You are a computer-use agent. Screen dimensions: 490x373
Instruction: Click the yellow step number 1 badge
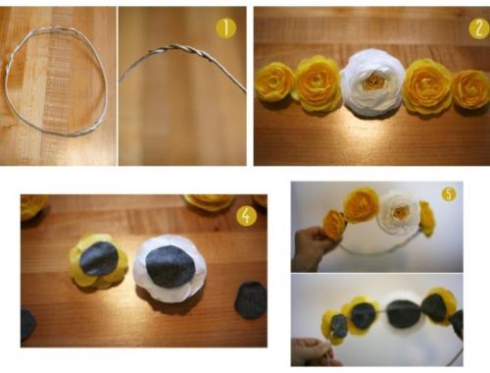click(x=226, y=28)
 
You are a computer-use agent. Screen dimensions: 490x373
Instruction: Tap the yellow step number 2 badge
click(x=479, y=28)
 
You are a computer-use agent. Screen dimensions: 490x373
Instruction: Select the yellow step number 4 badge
click(x=247, y=216)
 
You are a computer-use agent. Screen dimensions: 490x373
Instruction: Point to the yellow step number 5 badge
click(x=449, y=194)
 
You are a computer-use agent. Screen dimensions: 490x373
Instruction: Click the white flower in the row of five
click(x=372, y=82)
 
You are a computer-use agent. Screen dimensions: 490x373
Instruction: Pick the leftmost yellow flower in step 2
click(x=275, y=81)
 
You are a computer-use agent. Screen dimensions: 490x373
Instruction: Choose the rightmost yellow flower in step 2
click(x=471, y=89)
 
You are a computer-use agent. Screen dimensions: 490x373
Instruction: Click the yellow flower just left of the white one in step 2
click(x=318, y=83)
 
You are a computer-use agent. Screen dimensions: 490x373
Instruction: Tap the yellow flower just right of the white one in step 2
click(x=428, y=86)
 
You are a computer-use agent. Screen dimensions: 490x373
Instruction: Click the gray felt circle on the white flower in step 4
click(x=171, y=267)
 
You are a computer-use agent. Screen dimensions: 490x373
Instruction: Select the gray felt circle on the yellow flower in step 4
click(x=99, y=258)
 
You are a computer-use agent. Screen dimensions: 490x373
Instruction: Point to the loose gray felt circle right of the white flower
click(x=251, y=299)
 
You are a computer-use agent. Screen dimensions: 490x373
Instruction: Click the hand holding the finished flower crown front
click(x=311, y=249)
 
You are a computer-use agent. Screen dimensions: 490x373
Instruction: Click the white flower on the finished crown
click(x=398, y=213)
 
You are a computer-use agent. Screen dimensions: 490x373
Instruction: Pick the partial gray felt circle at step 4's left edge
click(x=27, y=325)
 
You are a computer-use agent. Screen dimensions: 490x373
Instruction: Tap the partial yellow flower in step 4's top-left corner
click(x=33, y=206)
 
